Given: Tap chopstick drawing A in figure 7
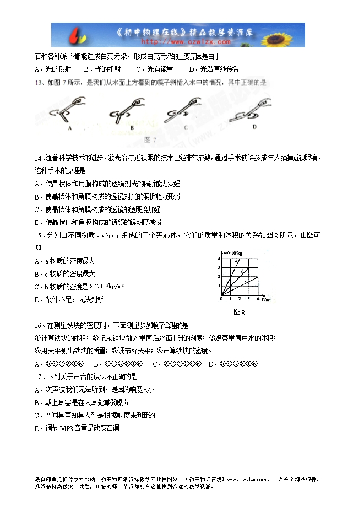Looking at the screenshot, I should (x=69, y=113).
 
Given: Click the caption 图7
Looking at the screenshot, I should (x=150, y=139).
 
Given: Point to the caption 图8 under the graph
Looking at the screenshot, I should (x=238, y=312).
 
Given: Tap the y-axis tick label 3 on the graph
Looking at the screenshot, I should (x=219, y=267).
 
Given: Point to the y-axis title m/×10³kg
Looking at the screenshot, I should (x=232, y=252).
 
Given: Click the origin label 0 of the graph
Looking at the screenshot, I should (x=221, y=299).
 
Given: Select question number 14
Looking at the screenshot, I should (x=38, y=158).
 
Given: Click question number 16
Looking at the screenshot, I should (x=38, y=325).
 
